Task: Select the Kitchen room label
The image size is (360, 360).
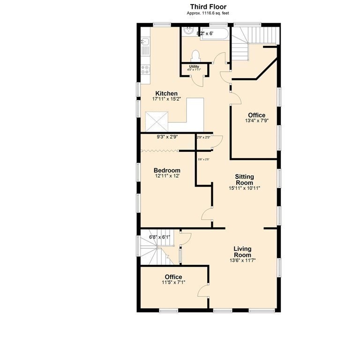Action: (166, 94)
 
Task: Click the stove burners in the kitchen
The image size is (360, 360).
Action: (145, 69)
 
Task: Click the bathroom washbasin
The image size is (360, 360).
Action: (188, 31)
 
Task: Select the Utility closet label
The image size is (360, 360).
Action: (194, 67)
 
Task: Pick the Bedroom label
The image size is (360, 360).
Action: (167, 170)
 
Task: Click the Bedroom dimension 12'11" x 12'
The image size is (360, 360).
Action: (167, 176)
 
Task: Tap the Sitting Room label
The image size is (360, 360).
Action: (244, 180)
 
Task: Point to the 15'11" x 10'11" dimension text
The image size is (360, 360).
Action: (244, 188)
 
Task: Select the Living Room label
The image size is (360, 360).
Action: (242, 252)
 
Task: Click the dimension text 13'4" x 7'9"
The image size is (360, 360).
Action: (256, 121)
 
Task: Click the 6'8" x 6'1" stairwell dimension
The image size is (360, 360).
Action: (159, 237)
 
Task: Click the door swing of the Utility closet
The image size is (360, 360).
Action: (200, 80)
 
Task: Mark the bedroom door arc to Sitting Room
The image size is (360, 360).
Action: (206, 215)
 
